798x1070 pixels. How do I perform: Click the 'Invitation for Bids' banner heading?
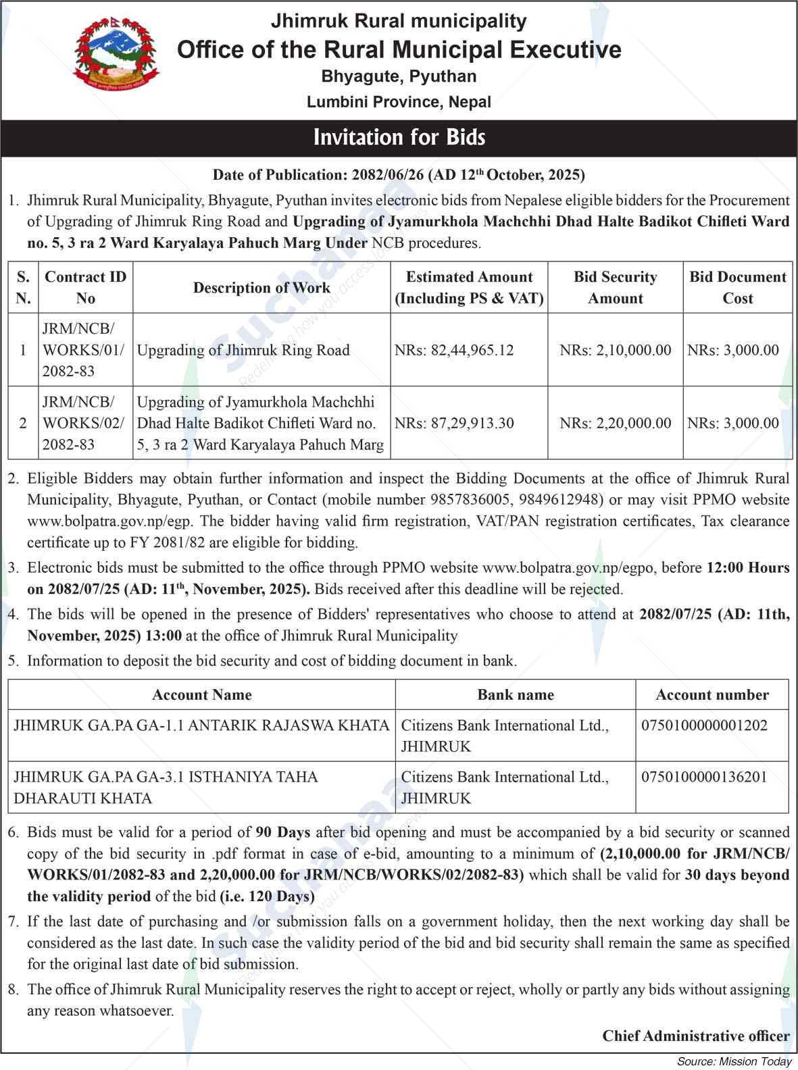pos(399,138)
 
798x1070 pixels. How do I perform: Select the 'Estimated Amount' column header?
pos(469,288)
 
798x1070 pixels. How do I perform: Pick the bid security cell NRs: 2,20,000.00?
pos(615,423)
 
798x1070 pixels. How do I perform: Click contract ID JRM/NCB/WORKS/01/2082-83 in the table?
pos(84,350)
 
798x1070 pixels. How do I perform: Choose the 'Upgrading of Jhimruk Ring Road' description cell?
pos(243,350)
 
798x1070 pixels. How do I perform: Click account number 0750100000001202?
pos(704,725)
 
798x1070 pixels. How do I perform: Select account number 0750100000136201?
pos(704,777)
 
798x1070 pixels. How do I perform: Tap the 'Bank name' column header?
pos(516,694)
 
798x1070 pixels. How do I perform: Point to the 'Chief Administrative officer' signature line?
pos(696,1036)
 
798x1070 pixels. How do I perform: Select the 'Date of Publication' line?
pos(399,175)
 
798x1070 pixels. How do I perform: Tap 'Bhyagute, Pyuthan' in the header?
pos(399,76)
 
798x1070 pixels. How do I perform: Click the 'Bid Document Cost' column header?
pos(737,288)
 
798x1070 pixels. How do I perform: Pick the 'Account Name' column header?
pos(201,694)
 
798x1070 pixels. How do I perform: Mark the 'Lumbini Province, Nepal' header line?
pos(399,102)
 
